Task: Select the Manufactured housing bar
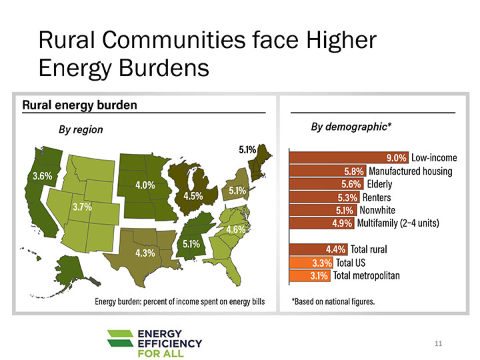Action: coord(327,171)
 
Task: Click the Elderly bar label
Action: coord(380,184)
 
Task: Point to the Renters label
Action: coord(376,197)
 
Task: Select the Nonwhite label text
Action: coord(377,210)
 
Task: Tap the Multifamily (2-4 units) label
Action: coord(398,223)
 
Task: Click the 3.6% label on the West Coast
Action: coord(42,176)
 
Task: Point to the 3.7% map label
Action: coord(81,207)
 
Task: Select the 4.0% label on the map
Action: coord(145,185)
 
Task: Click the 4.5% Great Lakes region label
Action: coord(193,196)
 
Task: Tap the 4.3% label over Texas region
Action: coord(145,253)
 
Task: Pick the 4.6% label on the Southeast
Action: coord(237,229)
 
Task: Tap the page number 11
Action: coord(438,343)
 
